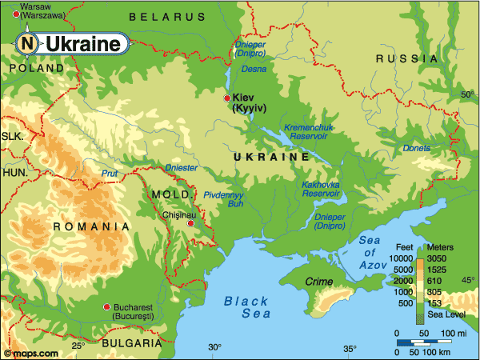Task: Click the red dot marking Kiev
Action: click(x=227, y=98)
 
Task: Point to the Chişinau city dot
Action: click(x=190, y=223)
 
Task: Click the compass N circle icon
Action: click(x=27, y=44)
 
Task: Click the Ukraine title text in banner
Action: click(x=82, y=45)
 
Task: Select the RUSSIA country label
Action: click(x=407, y=58)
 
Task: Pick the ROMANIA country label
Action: click(x=90, y=227)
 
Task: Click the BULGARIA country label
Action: click(x=129, y=342)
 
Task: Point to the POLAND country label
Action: click(x=37, y=69)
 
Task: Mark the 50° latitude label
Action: click(x=467, y=95)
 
